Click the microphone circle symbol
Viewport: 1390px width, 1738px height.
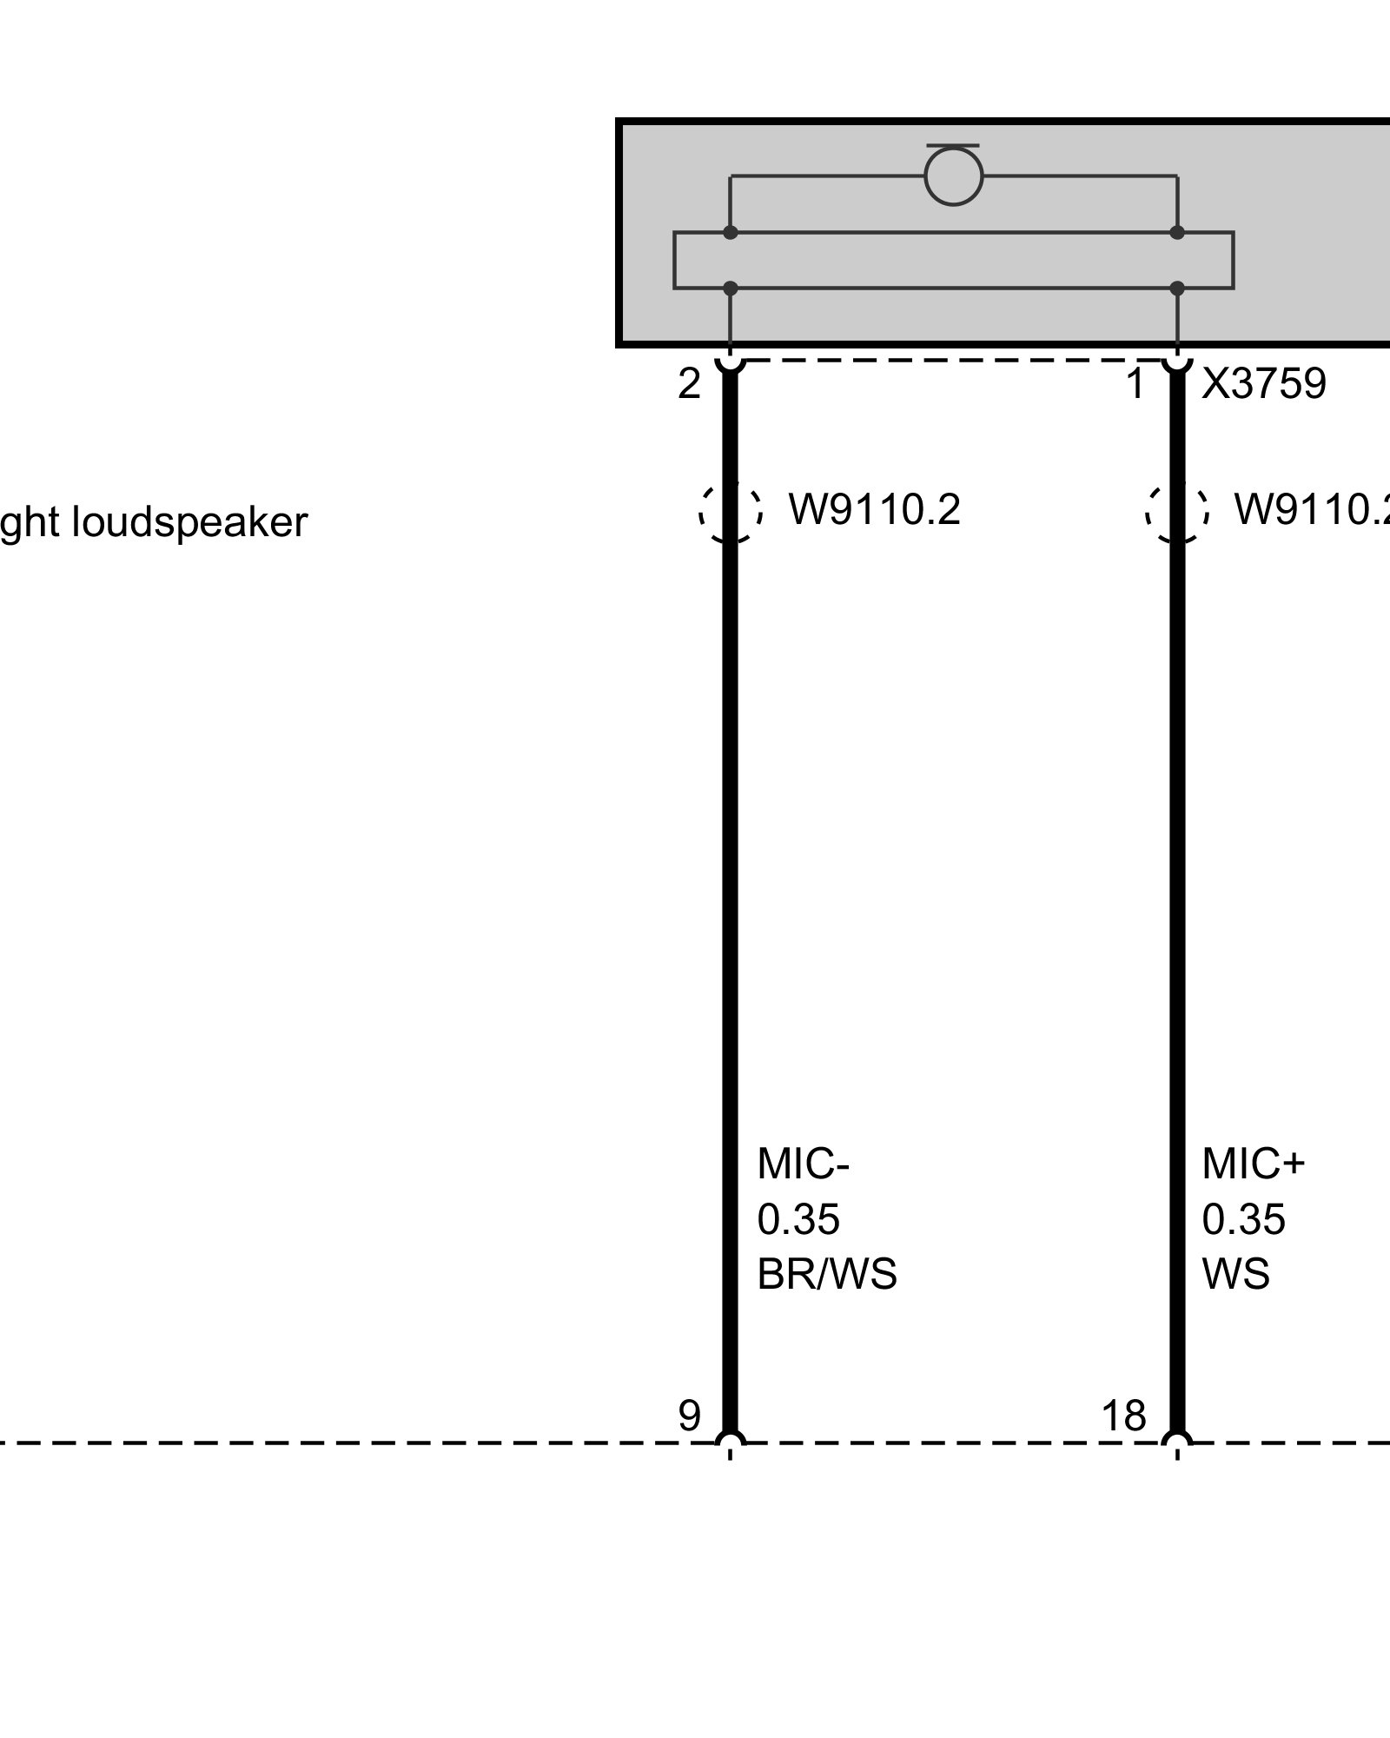[x=953, y=176]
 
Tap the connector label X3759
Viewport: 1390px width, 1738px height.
[x=1263, y=383]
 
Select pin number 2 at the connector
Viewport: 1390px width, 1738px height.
[x=689, y=383]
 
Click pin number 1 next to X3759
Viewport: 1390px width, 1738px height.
[x=1135, y=383]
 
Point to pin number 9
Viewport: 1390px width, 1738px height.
[x=689, y=1416]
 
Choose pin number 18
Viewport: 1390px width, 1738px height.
[x=1123, y=1416]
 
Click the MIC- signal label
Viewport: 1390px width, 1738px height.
[x=802, y=1164]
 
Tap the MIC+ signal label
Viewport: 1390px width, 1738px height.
[x=1253, y=1164]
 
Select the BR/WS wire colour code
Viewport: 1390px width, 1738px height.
[x=826, y=1274]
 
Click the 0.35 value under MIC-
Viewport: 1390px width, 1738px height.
[x=798, y=1219]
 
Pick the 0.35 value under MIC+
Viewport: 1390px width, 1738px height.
[x=1243, y=1219]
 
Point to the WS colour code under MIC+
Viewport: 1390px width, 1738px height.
[x=1235, y=1274]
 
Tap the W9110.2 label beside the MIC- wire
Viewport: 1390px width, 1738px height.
[x=874, y=509]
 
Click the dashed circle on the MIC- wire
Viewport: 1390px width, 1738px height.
[x=731, y=512]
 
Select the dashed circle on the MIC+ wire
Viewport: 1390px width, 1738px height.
[x=1177, y=512]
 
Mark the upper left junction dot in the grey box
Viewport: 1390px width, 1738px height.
[x=731, y=232]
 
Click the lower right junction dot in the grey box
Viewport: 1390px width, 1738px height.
[x=1177, y=288]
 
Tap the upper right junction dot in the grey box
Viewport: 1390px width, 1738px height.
[x=1177, y=232]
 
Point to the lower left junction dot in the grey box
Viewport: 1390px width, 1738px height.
[x=731, y=288]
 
